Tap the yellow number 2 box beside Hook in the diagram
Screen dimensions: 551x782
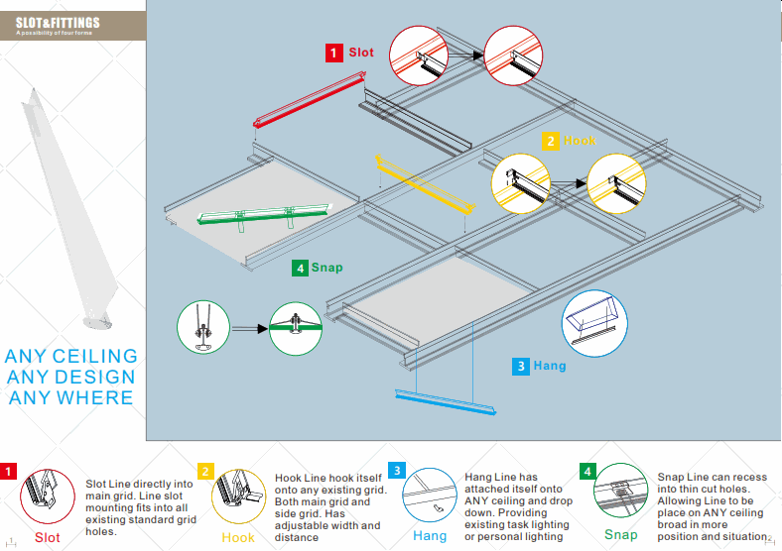click(550, 141)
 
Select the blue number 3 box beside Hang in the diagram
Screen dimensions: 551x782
click(521, 366)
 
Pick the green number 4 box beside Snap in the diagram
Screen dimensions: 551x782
click(300, 268)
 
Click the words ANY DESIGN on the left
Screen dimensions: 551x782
click(70, 377)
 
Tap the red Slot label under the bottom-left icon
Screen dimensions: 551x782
click(47, 538)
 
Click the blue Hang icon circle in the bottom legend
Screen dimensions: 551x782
click(430, 496)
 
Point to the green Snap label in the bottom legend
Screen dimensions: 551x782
click(621, 535)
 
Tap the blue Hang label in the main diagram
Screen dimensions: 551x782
click(550, 366)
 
